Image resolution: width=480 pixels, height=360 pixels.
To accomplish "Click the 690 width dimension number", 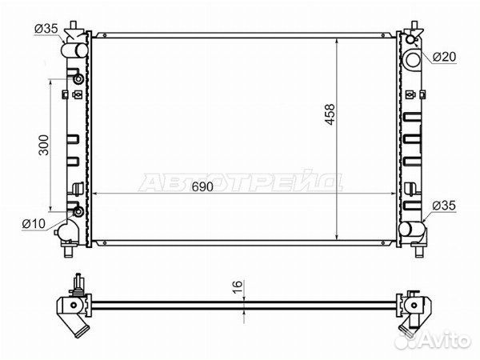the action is pyautogui.click(x=202, y=186).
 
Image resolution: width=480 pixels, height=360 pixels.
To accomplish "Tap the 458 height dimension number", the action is pyautogui.click(x=330, y=114).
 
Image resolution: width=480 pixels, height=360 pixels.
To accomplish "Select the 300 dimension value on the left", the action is pyautogui.click(x=44, y=145).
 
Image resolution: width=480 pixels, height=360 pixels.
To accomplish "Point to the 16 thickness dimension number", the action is pyautogui.click(x=238, y=287).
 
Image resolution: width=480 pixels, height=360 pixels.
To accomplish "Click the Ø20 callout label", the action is pyautogui.click(x=445, y=57).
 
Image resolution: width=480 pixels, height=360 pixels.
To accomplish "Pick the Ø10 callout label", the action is pyautogui.click(x=34, y=224).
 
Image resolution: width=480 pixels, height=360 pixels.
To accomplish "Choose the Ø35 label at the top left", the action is pyautogui.click(x=46, y=29).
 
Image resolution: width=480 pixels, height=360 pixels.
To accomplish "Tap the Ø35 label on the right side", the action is pyautogui.click(x=444, y=206).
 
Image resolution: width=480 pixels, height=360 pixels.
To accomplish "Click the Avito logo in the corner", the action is pyautogui.click(x=432, y=340).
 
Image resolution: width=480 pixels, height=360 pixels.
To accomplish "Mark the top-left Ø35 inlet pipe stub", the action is pyautogui.click(x=74, y=50).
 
